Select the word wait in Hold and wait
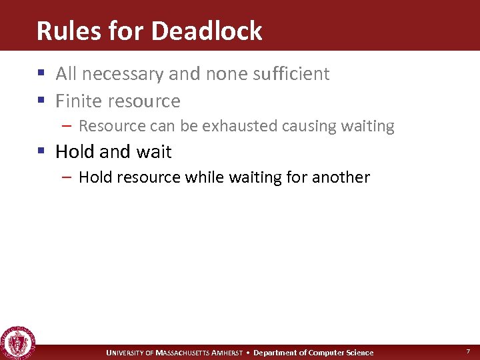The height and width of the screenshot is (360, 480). point(154,152)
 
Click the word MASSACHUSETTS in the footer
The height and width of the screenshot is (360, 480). point(183,353)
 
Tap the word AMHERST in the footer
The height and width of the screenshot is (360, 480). point(227,353)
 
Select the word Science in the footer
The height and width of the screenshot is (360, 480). point(357,353)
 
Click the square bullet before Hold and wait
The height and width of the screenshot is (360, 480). point(43,153)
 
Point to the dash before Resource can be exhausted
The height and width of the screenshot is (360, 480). point(69,126)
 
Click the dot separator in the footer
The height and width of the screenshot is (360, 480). point(248,353)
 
